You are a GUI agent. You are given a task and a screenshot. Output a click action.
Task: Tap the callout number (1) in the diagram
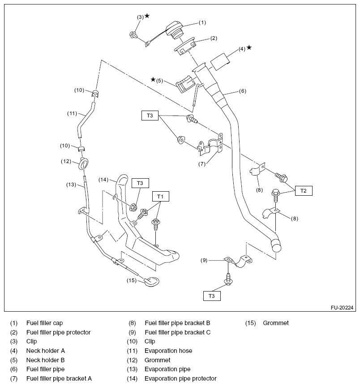(x=202, y=22)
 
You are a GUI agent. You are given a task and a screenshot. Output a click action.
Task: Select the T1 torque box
(x=159, y=196)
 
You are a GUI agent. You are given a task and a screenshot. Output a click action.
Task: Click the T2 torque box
(x=303, y=190)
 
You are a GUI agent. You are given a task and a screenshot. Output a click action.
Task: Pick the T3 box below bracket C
(x=212, y=296)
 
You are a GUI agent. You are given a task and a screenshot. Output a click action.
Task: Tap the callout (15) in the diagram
(x=132, y=281)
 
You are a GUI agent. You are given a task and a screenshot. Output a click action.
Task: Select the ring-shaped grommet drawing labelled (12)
(x=83, y=163)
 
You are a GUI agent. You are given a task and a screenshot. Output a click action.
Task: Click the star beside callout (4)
(x=249, y=47)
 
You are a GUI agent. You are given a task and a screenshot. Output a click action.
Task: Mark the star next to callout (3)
(x=147, y=16)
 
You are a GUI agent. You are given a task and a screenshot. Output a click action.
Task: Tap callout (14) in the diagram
(x=103, y=180)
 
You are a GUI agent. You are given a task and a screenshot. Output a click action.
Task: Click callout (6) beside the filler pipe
(x=242, y=91)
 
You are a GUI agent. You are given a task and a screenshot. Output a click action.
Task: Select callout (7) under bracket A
(x=202, y=164)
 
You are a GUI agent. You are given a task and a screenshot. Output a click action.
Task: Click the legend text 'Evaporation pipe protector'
(x=180, y=379)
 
